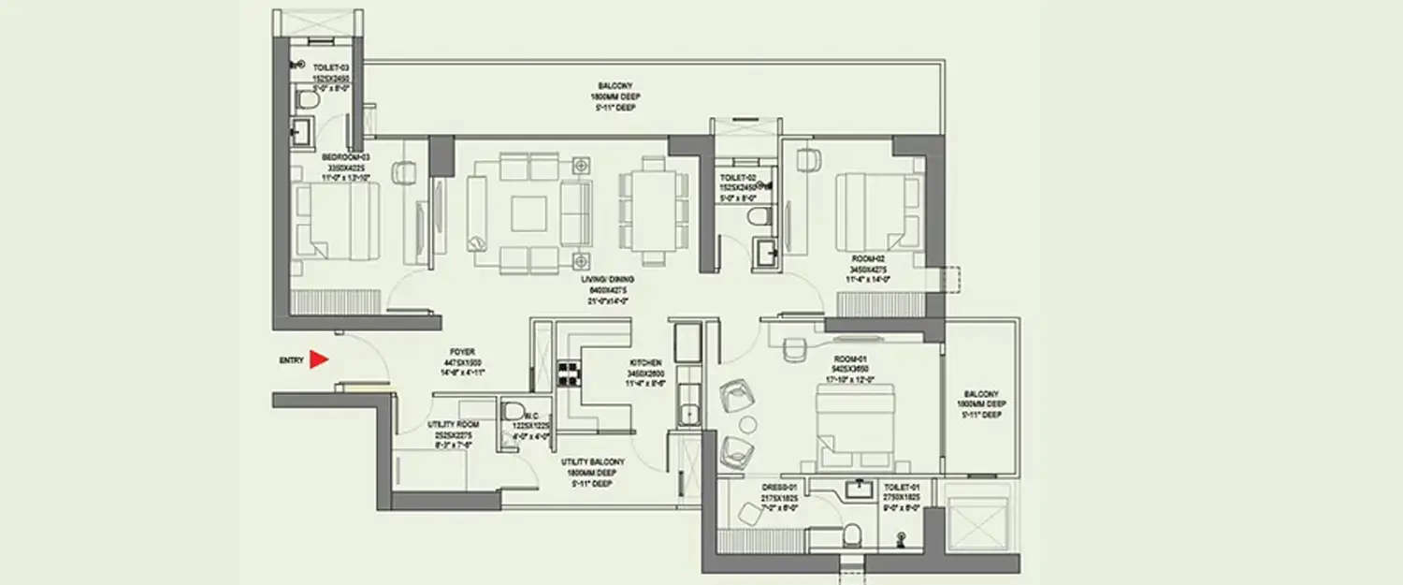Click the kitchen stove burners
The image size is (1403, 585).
(567, 374)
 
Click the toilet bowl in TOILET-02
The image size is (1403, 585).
(759, 217)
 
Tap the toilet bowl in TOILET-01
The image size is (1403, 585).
(851, 534)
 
